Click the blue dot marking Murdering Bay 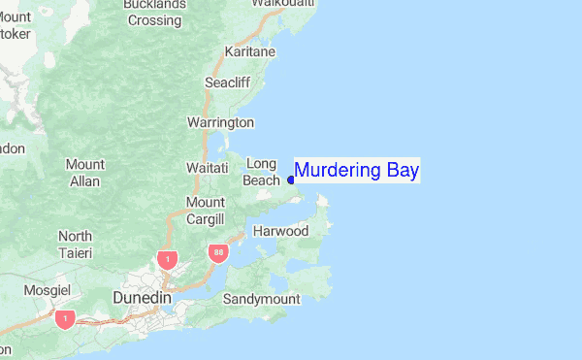coord(291,180)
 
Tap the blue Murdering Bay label coord(356,171)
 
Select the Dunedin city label coord(143,298)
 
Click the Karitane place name coord(250,51)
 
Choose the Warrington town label coord(220,123)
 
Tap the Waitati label coord(207,168)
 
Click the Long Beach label coord(261,172)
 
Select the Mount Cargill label coord(206,211)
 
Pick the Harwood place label coord(280,232)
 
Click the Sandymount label coord(262,300)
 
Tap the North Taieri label coord(75,245)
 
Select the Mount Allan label coord(85,173)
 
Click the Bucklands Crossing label coord(154,12)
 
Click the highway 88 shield coord(217,253)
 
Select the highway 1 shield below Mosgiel coord(65,317)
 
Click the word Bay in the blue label coord(402,171)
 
